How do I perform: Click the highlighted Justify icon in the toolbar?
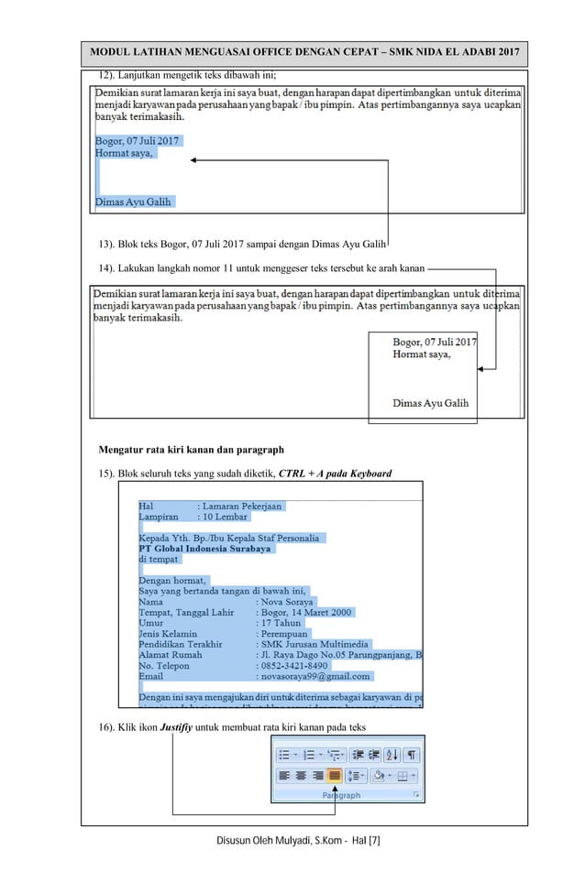(335, 775)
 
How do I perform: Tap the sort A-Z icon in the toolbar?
(392, 755)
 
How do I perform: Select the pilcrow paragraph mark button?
(412, 755)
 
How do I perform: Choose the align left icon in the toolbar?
(284, 775)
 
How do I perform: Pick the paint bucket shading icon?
(379, 775)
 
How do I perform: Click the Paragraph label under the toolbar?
(341, 796)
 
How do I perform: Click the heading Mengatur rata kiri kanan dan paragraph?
(191, 450)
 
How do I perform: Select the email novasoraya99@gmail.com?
(315, 676)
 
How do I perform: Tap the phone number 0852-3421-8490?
(294, 666)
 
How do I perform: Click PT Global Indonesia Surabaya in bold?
(204, 549)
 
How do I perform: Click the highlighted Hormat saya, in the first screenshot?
(125, 154)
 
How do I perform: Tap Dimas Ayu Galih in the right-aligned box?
(430, 403)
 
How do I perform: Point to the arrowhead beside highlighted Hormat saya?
(194, 160)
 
